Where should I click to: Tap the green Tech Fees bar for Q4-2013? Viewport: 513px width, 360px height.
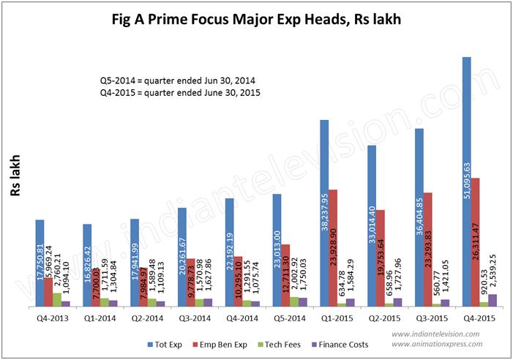coord(57,299)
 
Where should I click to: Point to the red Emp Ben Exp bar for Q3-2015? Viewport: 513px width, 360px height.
coord(428,249)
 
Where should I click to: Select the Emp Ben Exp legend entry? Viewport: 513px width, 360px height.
coord(220,343)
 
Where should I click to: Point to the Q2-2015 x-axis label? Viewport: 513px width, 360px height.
coord(383,318)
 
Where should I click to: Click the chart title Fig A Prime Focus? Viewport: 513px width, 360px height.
coord(257,20)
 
